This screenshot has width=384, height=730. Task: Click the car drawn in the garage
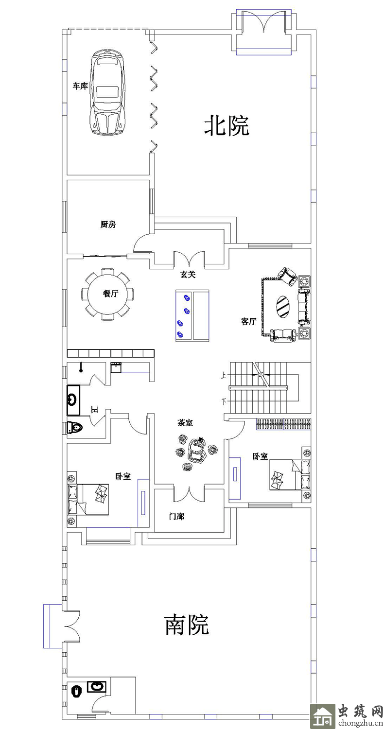[107, 91]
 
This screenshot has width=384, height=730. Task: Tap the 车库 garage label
[80, 86]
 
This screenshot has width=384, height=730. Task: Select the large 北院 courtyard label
[227, 125]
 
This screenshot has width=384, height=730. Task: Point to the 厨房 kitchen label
[108, 225]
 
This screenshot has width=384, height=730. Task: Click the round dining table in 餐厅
[107, 294]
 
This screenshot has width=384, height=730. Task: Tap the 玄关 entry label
[188, 275]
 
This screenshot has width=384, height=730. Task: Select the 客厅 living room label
[249, 321]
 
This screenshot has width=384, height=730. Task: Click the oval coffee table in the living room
[283, 306]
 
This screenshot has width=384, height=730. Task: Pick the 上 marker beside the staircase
[224, 376]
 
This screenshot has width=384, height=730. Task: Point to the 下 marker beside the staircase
[224, 402]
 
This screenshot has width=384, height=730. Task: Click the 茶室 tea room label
[185, 423]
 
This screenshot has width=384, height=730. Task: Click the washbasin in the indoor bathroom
[73, 400]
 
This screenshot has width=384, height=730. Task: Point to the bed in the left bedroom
[88, 499]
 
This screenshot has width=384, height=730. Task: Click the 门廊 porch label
[176, 516]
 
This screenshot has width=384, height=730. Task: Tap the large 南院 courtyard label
[187, 625]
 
